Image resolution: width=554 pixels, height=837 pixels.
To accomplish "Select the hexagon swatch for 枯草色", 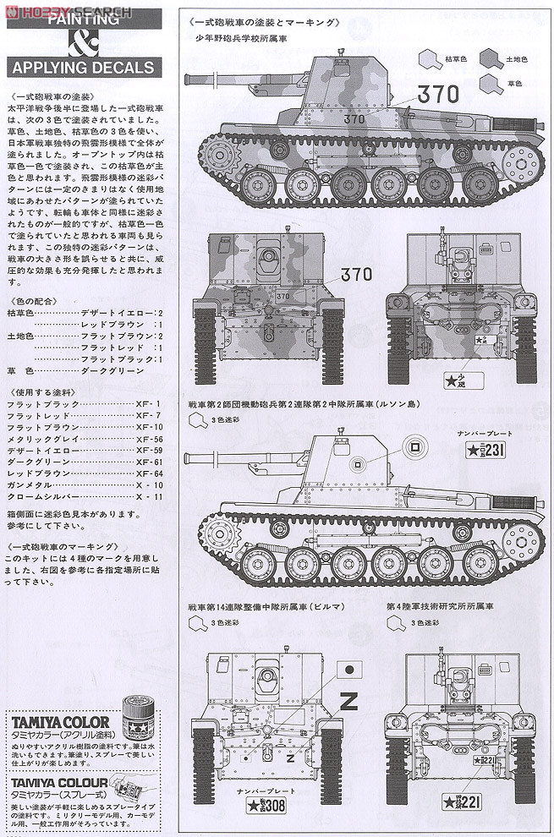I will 425,59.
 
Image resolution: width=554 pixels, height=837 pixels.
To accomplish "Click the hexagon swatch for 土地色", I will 490,59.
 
